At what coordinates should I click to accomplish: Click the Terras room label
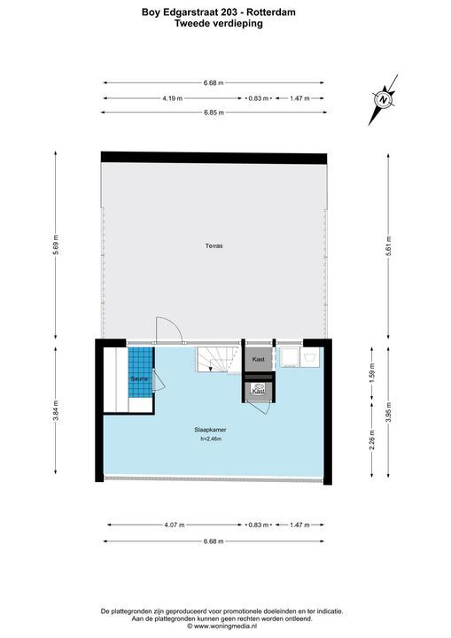[214, 245]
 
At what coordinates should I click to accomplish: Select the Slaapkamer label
[210, 430]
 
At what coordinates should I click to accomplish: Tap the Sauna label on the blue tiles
[139, 379]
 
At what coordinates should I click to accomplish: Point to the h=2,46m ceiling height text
[210, 439]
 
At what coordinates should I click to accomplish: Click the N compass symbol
[383, 99]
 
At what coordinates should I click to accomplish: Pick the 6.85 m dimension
[214, 113]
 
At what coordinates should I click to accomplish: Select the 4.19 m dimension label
[172, 98]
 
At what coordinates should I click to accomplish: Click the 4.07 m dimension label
[175, 525]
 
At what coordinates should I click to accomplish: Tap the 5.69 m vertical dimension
[56, 245]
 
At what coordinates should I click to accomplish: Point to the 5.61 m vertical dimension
[389, 245]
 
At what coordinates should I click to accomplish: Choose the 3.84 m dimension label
[56, 411]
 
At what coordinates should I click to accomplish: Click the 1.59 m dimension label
[372, 373]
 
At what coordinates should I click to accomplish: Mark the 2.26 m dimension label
[372, 440]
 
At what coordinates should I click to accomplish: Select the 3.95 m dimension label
[389, 412]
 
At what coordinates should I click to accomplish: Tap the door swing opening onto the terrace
[169, 330]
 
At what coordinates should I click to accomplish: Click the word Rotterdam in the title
[274, 12]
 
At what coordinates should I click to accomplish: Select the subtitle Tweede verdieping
[219, 23]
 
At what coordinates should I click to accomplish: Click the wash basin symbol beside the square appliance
[310, 357]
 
